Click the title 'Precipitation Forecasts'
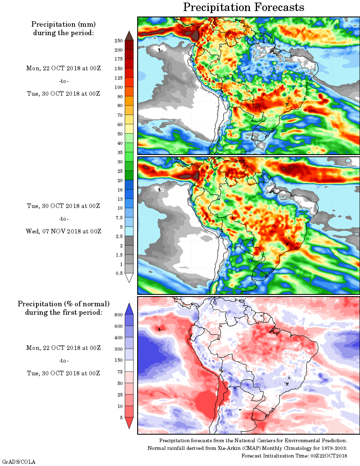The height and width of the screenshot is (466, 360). coord(244,7)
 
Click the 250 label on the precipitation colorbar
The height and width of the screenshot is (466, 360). coord(119,41)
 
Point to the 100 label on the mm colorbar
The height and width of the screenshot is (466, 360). coord(119,88)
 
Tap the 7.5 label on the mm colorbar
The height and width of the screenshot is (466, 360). coord(119,217)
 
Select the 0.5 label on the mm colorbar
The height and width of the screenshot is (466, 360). coord(119,274)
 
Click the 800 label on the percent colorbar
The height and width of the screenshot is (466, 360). coord(118,315)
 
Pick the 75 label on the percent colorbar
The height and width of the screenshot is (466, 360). coord(120,372)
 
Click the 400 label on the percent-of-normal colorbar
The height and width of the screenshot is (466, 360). coord(118,338)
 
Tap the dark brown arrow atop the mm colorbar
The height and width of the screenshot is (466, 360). coord(129,36)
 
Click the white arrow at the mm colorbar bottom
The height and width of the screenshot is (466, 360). coord(129,278)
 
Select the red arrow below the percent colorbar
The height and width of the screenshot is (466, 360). coord(130,423)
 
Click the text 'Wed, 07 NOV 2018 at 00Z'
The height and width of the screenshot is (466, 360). coord(64,231)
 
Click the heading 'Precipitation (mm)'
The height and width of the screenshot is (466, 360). coord(64,24)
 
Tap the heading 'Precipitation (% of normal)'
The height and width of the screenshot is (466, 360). coord(64,304)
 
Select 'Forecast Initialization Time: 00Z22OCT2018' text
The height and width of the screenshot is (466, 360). coord(294,456)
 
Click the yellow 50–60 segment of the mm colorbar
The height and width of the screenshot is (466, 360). coord(129,129)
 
